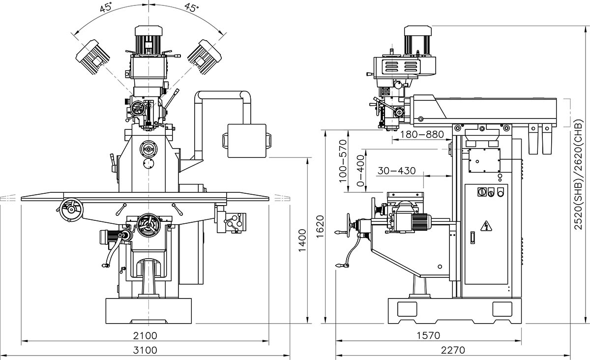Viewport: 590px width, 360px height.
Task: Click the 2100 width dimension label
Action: (x=145, y=335)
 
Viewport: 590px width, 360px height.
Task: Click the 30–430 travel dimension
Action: (x=396, y=171)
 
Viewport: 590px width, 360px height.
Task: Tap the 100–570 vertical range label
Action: (x=343, y=161)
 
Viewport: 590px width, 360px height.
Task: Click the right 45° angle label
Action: (x=192, y=7)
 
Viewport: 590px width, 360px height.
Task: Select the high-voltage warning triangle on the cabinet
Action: (x=486, y=225)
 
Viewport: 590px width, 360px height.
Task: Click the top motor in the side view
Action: (x=418, y=39)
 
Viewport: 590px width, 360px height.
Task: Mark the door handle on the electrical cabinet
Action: (x=473, y=238)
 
